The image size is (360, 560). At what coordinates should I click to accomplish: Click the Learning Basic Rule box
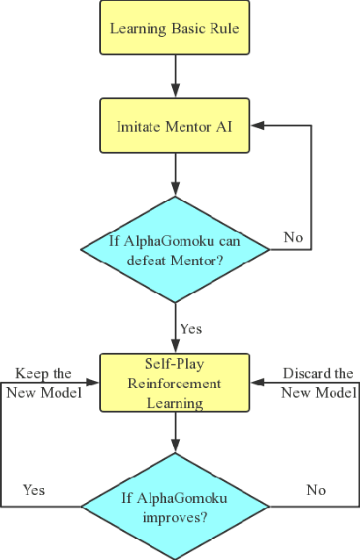(175, 29)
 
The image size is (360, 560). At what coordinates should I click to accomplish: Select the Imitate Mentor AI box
(175, 126)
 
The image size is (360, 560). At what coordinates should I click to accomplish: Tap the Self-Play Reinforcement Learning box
(175, 383)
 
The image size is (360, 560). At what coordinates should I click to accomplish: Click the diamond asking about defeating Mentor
(175, 250)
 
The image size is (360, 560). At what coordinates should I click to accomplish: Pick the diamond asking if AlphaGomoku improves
(175, 507)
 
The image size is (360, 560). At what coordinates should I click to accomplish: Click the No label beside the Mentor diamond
(293, 237)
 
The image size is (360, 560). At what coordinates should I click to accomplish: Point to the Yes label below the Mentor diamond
(191, 328)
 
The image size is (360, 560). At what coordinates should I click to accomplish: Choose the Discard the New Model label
(318, 383)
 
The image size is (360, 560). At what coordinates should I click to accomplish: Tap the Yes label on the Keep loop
(34, 489)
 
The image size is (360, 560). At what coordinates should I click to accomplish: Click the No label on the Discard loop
(316, 489)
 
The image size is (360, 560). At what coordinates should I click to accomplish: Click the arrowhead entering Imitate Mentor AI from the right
(257, 126)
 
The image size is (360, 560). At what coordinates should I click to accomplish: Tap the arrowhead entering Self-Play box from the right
(257, 383)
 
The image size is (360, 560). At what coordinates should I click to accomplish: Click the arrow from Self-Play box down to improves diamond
(176, 432)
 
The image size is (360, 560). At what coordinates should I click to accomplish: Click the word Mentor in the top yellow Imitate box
(188, 126)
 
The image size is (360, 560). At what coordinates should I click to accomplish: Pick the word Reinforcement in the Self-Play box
(175, 384)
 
